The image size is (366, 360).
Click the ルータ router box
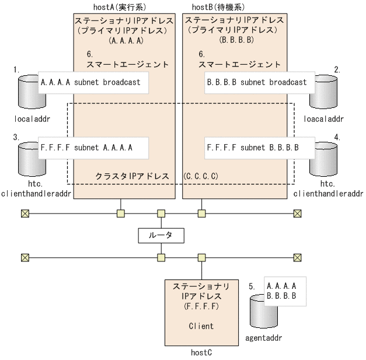pyautogui.click(x=161, y=235)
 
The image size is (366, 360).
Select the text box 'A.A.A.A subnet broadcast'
pyautogui.click(x=92, y=82)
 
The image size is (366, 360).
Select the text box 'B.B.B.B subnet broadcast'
pyautogui.click(x=257, y=82)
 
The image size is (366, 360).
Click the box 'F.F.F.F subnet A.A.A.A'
pyautogui.click(x=92, y=148)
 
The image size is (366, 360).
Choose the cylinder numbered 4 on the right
pyautogui.click(x=324, y=157)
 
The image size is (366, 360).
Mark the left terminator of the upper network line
pyautogui.click(x=25, y=213)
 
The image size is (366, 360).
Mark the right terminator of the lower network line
pyautogui.click(x=298, y=256)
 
